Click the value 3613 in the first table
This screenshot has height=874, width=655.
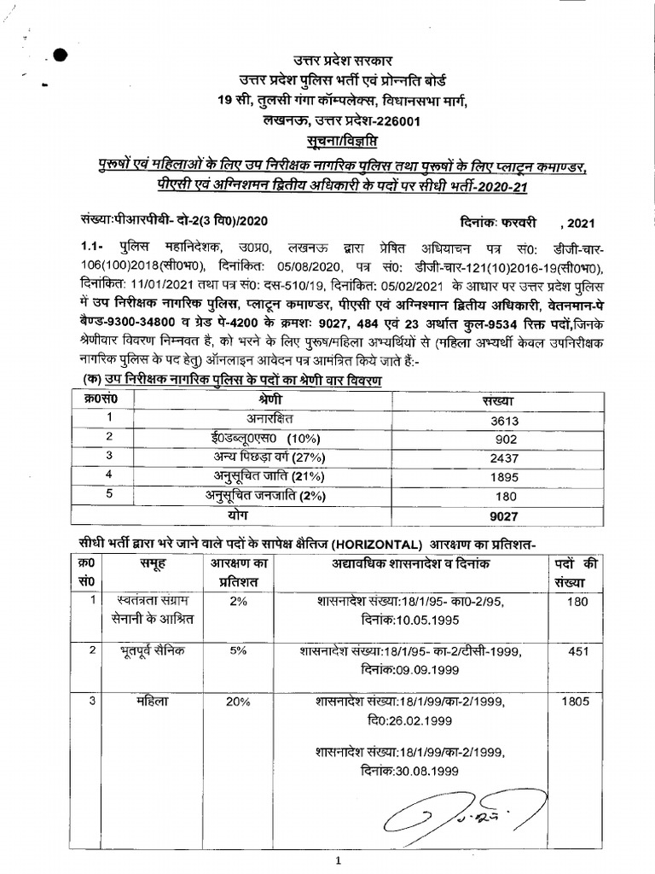504,420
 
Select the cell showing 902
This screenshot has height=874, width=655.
504,440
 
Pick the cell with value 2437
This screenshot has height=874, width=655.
504,458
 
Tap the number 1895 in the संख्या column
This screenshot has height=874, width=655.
504,478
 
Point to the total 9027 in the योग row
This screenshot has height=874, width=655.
504,516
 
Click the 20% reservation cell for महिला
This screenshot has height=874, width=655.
238,702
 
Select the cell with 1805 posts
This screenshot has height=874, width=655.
579,702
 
